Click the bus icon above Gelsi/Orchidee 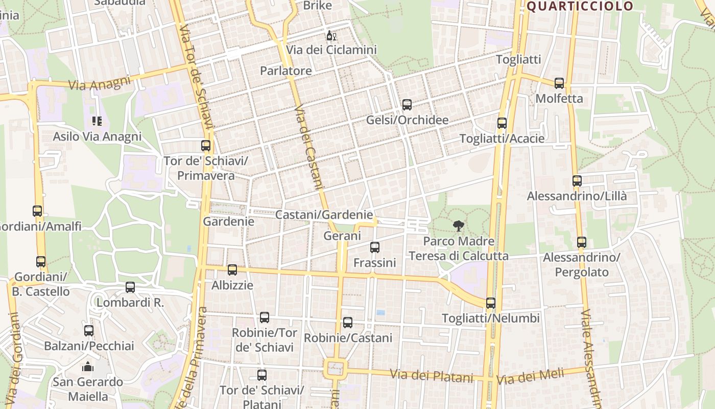coord(407,105)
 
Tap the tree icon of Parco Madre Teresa coord(459,225)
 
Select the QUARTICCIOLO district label coord(580,6)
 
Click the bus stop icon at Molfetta coord(559,83)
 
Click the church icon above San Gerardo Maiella coord(88,367)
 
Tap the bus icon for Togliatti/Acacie coord(502,123)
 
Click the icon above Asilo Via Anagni coord(97,121)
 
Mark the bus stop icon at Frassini coord(375,247)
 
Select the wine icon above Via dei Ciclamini coord(330,36)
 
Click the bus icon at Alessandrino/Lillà coord(577,180)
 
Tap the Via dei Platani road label coord(432,376)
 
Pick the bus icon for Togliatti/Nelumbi coord(491,303)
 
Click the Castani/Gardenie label coord(324,215)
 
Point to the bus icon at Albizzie coord(232,270)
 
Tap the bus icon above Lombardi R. coord(130,287)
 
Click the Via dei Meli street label coord(530,377)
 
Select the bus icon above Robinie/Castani coord(348,323)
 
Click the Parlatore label coord(286,71)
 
